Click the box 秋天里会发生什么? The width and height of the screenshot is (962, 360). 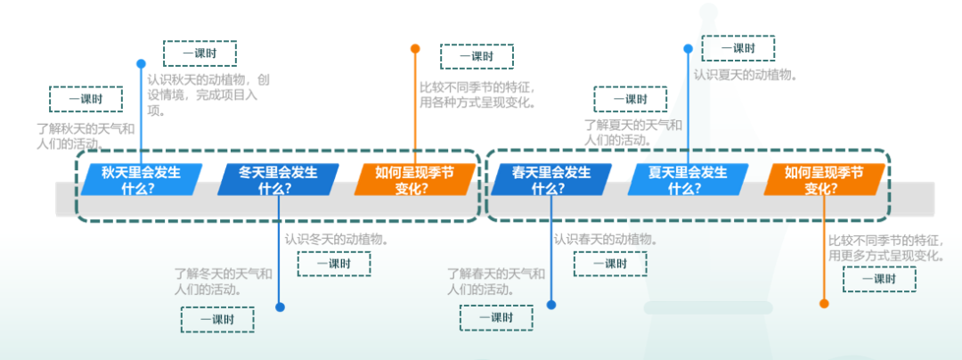click(x=140, y=180)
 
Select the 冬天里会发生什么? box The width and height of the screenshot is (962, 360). click(x=278, y=180)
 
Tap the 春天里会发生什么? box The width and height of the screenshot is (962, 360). click(x=550, y=180)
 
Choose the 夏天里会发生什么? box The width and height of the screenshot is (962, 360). click(x=687, y=180)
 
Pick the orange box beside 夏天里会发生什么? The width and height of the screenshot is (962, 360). click(x=824, y=180)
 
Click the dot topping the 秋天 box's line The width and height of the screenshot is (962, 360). click(x=141, y=64)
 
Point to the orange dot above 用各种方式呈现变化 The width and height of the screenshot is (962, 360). click(x=415, y=49)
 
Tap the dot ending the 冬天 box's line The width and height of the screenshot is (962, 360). click(x=280, y=307)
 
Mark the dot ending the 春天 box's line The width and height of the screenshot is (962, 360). click(x=551, y=305)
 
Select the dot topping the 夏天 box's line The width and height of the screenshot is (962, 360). click(x=688, y=49)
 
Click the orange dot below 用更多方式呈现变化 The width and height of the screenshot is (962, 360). click(x=824, y=304)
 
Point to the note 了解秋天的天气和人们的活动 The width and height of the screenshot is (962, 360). click(x=86, y=135)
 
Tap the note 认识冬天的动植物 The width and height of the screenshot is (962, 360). click(x=336, y=239)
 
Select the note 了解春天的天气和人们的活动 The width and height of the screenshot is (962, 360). click(x=496, y=281)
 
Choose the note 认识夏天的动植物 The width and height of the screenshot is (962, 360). click(x=746, y=75)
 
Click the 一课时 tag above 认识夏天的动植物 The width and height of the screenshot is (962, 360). click(x=738, y=48)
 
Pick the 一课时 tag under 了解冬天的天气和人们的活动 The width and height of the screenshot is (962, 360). click(x=217, y=319)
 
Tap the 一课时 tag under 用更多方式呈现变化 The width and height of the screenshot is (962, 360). click(x=879, y=280)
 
